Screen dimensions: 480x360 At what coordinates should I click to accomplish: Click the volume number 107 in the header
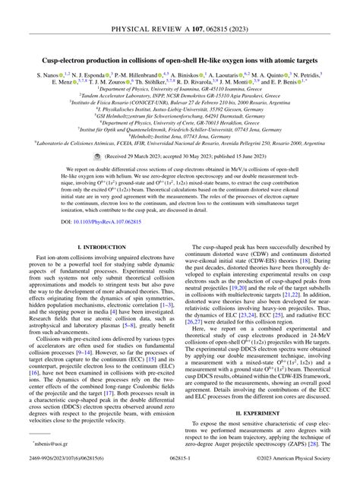(188, 10)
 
